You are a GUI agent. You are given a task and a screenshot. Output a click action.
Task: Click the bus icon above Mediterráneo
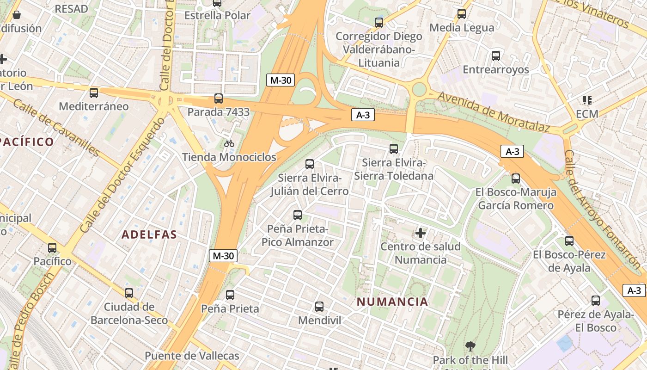point(94,92)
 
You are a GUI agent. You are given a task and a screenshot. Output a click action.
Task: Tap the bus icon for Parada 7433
point(219,98)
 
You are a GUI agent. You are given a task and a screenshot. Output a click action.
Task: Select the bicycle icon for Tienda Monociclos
point(229,143)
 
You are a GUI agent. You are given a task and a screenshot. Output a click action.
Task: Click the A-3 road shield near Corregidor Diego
point(363,115)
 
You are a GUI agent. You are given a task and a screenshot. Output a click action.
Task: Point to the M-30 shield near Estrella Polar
point(281,80)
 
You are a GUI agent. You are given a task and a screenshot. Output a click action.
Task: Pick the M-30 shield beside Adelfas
point(224,255)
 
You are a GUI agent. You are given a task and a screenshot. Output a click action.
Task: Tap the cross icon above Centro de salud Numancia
point(421,233)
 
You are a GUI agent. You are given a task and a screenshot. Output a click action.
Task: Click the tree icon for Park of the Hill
point(470,346)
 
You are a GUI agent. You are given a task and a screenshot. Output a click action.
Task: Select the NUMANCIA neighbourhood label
point(392,302)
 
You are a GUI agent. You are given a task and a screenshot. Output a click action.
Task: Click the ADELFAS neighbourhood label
point(149,234)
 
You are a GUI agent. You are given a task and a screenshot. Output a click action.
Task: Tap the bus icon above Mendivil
point(319,306)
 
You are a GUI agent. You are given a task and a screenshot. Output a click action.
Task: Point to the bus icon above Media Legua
point(461,13)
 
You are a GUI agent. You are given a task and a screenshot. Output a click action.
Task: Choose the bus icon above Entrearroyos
point(496,56)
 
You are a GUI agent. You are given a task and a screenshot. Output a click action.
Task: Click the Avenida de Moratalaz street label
point(494,112)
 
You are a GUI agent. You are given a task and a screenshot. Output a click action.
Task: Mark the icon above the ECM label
point(587,100)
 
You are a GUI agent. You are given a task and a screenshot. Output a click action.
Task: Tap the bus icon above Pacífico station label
point(52,247)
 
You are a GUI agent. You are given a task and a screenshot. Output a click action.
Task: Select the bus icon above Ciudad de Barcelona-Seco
point(129,293)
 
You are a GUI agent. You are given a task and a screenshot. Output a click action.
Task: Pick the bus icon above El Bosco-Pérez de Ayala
point(569,240)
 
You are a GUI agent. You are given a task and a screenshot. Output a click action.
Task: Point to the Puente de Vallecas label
point(192,356)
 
